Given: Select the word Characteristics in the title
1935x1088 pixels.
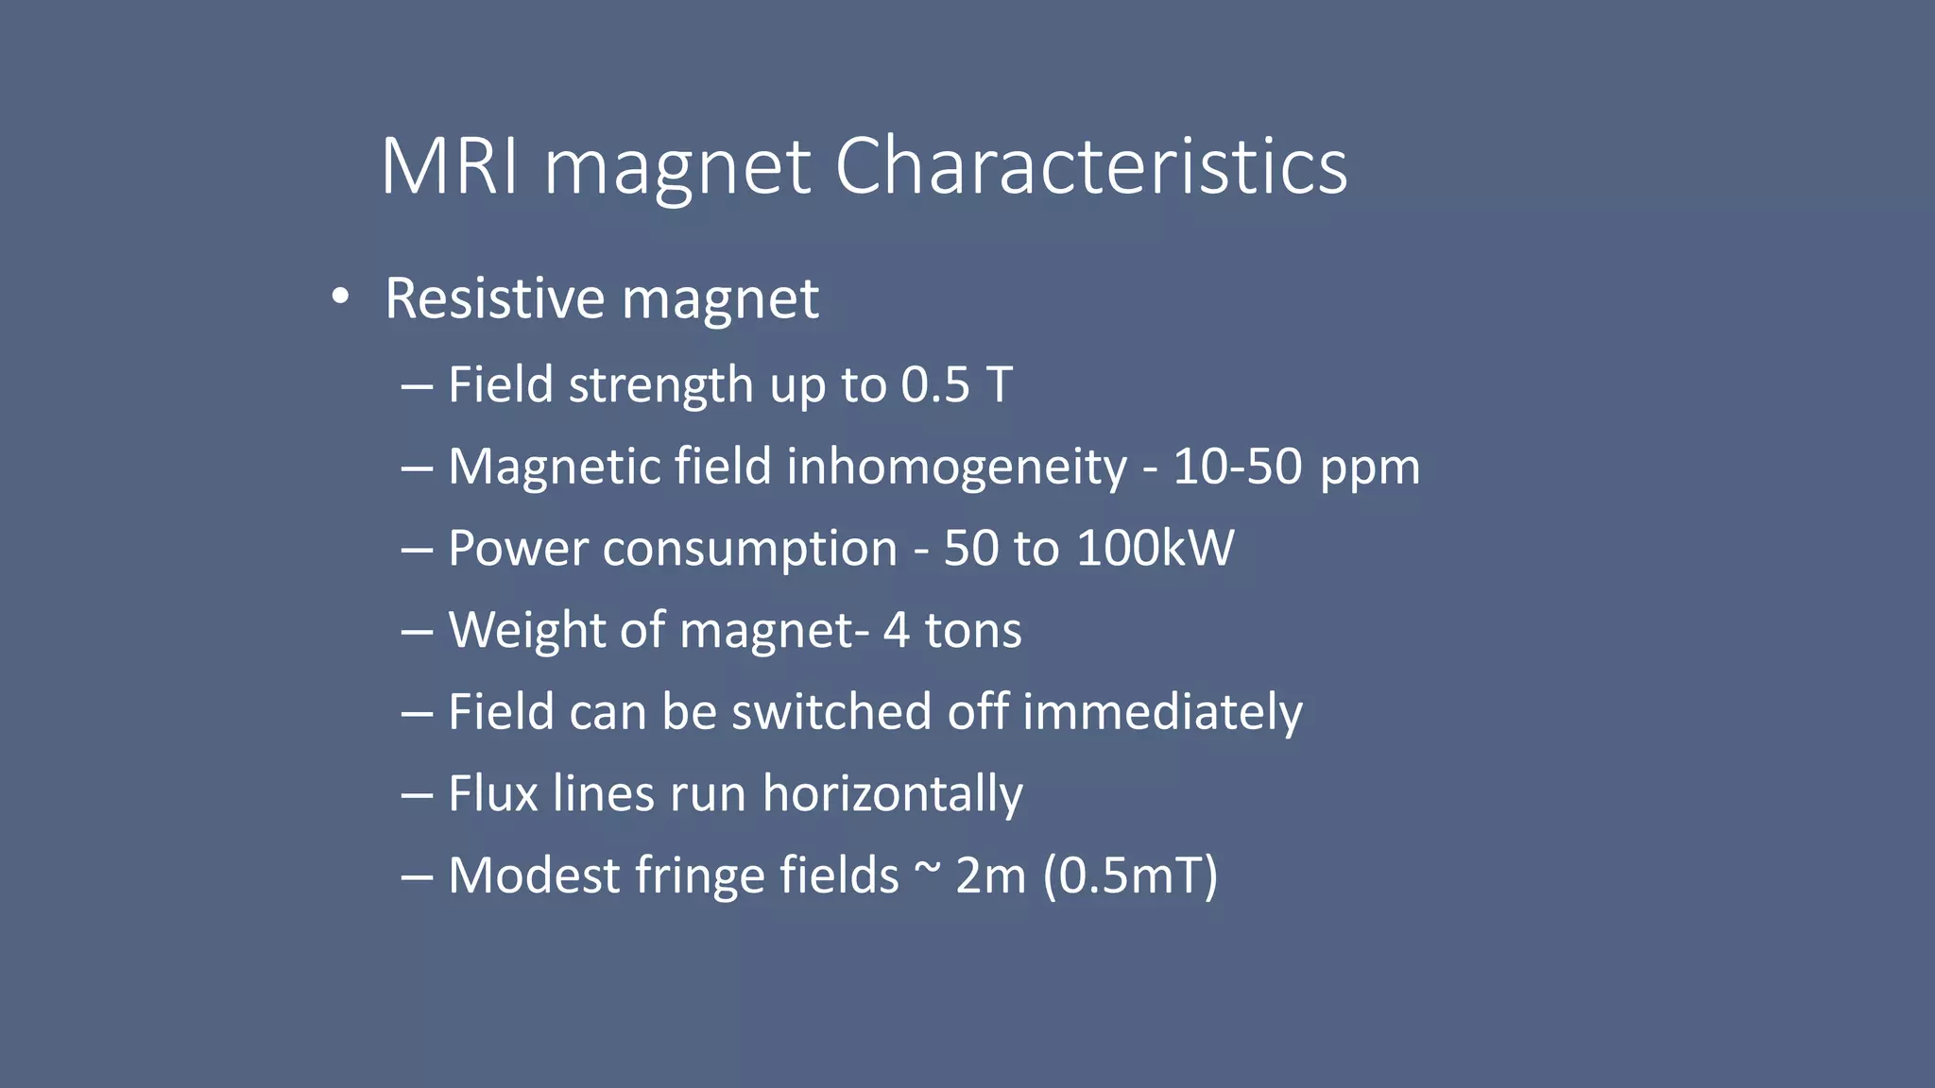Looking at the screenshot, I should pyautogui.click(x=1090, y=166).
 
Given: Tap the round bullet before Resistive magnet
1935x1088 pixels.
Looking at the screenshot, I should pyautogui.click(x=340, y=297).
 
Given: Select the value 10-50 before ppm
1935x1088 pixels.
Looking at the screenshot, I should pyautogui.click(x=1238, y=467).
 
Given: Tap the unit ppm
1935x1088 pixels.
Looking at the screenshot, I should pyautogui.click(x=1370, y=468).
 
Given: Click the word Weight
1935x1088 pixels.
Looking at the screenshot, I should pyautogui.click(x=526, y=630).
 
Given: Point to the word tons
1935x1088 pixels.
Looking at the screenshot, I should pyautogui.click(x=972, y=631).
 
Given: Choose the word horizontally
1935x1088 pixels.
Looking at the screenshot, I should pyautogui.click(x=892, y=794).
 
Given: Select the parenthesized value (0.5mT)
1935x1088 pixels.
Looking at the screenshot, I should pyautogui.click(x=1130, y=875).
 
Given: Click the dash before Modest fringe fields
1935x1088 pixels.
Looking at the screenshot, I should pyautogui.click(x=417, y=875).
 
